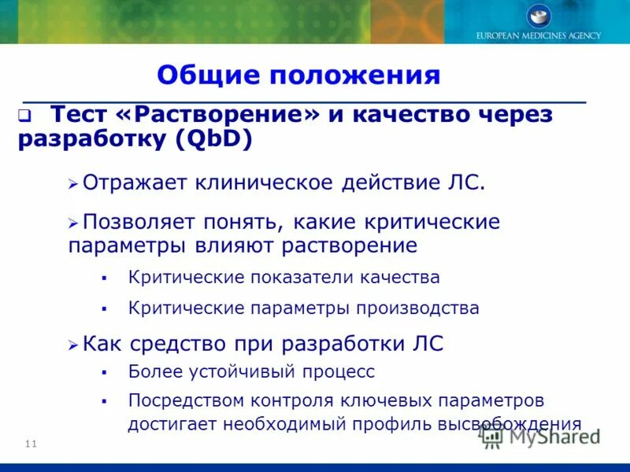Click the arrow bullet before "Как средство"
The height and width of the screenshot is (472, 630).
tap(73, 344)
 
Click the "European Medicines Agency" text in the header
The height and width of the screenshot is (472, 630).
tap(539, 35)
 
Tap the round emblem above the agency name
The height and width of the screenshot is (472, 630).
tap(539, 16)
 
